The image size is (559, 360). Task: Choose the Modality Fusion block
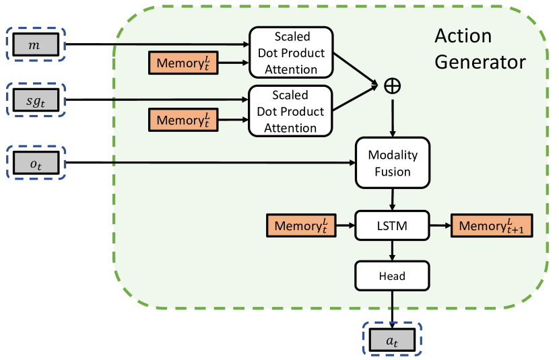tap(393, 164)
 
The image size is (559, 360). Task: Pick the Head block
tap(393, 275)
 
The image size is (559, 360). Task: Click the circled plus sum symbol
tap(391, 86)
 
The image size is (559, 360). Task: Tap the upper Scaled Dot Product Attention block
tap(291, 52)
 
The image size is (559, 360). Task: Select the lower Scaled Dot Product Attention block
tap(291, 111)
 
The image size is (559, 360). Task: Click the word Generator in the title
tap(480, 63)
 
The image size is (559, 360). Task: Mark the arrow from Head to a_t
tap(393, 306)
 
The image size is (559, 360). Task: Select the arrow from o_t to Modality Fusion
tap(209, 162)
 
